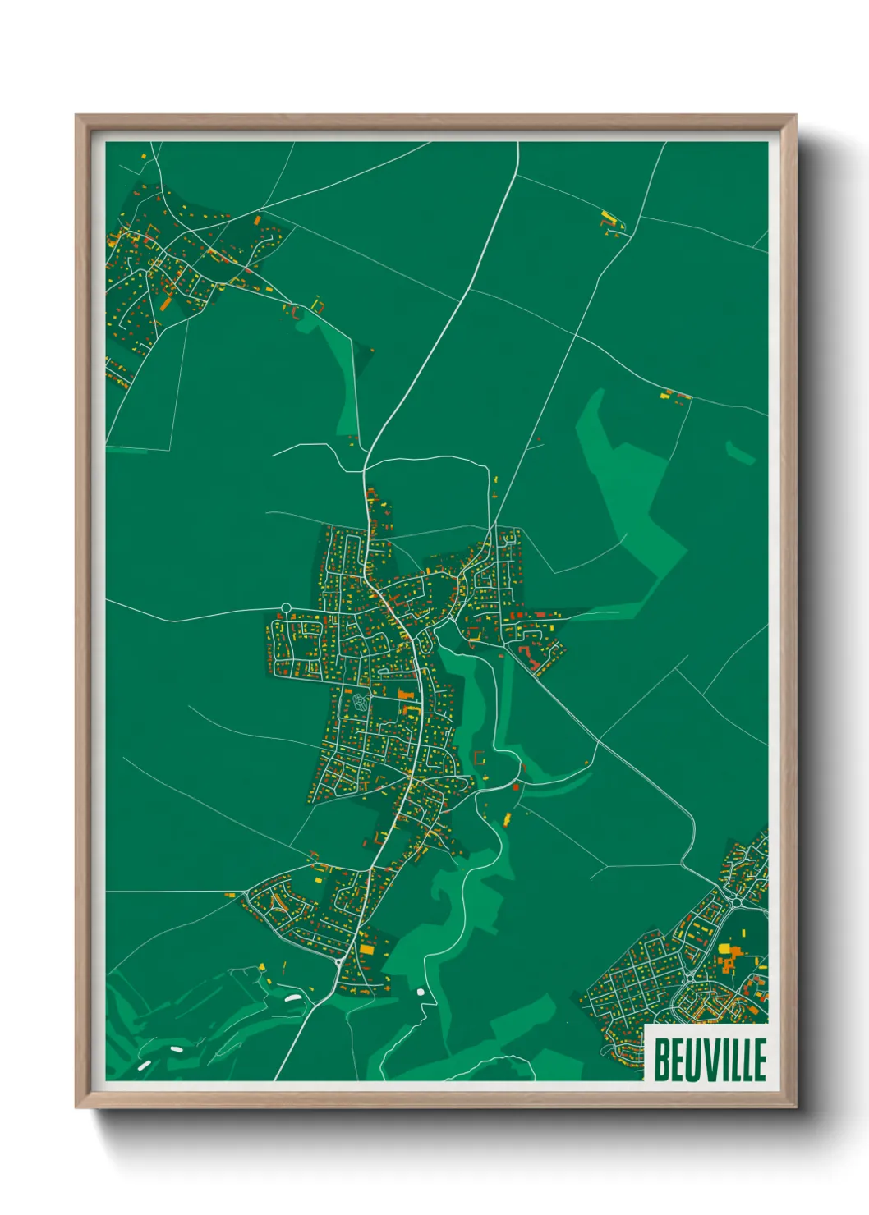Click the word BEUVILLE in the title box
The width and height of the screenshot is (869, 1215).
710,1060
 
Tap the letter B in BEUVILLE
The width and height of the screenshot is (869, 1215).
660,1060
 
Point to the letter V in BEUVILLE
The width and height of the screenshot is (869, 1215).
707,1060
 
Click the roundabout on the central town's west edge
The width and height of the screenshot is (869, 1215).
286,608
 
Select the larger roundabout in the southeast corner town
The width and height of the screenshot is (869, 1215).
735,901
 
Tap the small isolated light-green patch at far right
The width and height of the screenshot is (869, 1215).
739,452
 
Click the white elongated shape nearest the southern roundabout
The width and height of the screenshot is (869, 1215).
292,999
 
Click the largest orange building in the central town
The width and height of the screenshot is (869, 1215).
404,695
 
